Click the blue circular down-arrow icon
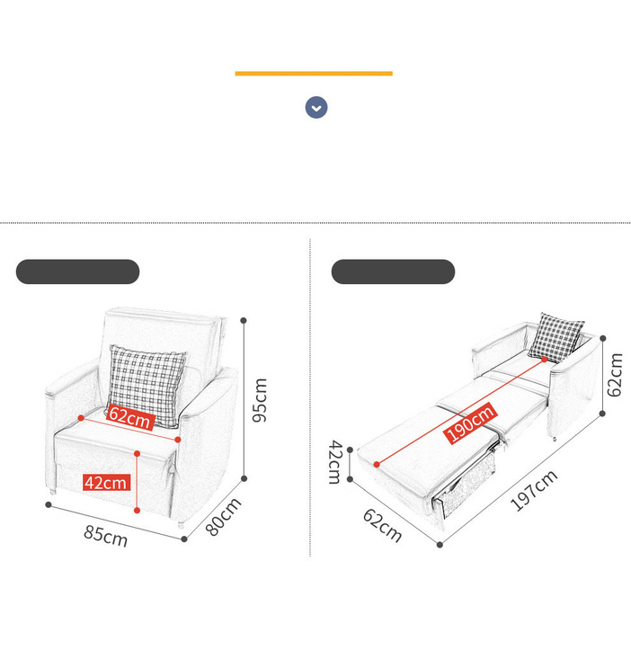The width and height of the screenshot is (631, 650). pyautogui.click(x=316, y=107)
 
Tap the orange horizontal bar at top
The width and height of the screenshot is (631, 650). pyautogui.click(x=314, y=74)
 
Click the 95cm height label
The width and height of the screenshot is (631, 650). pyautogui.click(x=260, y=400)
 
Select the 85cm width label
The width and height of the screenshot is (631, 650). pyautogui.click(x=105, y=536)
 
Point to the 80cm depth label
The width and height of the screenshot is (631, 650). pyautogui.click(x=223, y=517)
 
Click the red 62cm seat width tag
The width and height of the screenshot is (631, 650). pyautogui.click(x=130, y=418)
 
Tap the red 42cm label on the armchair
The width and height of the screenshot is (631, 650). pyautogui.click(x=107, y=483)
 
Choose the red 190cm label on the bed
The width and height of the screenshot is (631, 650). pyautogui.click(x=471, y=423)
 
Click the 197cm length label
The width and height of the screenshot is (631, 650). pyautogui.click(x=534, y=490)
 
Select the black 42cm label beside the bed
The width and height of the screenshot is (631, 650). pyautogui.click(x=335, y=462)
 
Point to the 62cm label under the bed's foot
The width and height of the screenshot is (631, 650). pyautogui.click(x=382, y=525)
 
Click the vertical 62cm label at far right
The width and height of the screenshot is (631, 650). pyautogui.click(x=615, y=375)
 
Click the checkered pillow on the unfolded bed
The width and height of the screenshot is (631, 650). pyautogui.click(x=556, y=337)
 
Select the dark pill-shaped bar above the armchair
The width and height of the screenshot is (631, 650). pyautogui.click(x=77, y=272)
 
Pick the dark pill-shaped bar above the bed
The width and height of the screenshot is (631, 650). pyautogui.click(x=393, y=272)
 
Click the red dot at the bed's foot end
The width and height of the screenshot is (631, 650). pyautogui.click(x=377, y=464)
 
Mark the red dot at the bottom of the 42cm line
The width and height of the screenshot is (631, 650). pyautogui.click(x=137, y=511)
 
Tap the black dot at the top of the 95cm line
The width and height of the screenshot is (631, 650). pyautogui.click(x=244, y=320)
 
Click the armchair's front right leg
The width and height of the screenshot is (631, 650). pyautogui.click(x=181, y=524)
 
